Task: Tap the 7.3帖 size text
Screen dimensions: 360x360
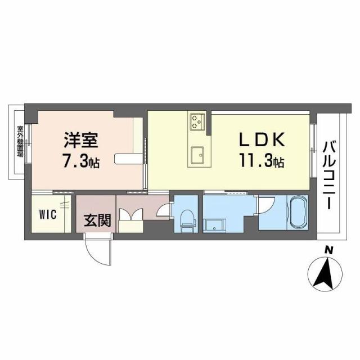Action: tap(81, 162)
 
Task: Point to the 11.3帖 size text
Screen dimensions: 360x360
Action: tap(263, 162)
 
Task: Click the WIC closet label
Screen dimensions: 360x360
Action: tap(47, 214)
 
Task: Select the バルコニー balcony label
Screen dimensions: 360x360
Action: tap(328, 169)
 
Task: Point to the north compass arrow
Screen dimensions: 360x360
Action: tap(325, 273)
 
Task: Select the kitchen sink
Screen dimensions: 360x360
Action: tap(197, 154)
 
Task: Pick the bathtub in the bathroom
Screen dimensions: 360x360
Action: tap(296, 212)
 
